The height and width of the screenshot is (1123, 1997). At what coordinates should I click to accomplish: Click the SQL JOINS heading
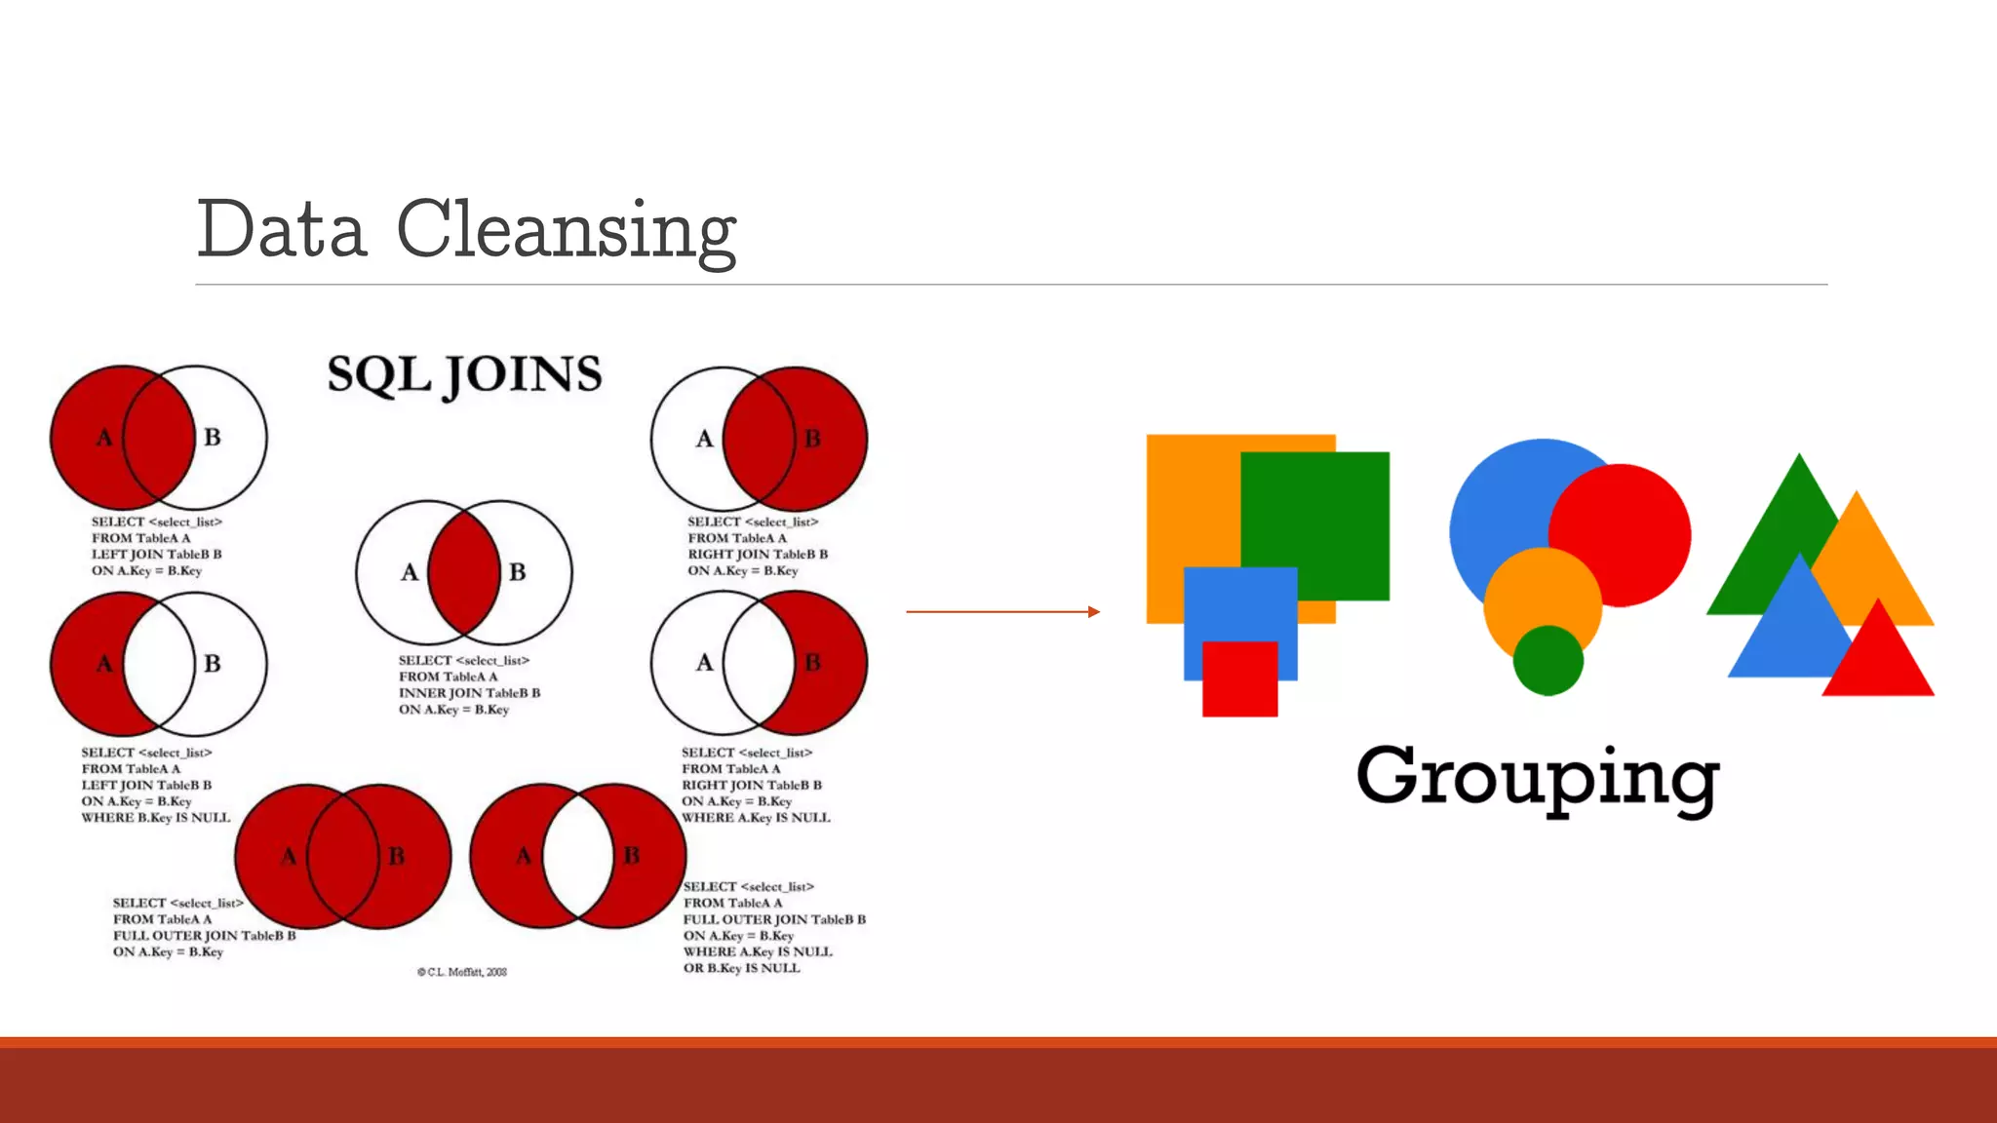(x=464, y=375)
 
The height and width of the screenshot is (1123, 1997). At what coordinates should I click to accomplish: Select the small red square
(x=1239, y=679)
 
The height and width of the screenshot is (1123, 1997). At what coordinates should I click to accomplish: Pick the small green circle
(x=1547, y=661)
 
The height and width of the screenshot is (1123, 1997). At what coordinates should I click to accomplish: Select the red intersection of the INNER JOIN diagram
(x=464, y=572)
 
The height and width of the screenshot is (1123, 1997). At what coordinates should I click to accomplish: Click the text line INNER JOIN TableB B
(x=469, y=693)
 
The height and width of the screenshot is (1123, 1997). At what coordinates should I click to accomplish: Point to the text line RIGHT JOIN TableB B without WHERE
(x=758, y=555)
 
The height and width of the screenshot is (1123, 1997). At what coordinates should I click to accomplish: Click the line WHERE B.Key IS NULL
(x=156, y=818)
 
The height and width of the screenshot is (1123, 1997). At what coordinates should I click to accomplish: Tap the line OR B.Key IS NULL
(x=741, y=968)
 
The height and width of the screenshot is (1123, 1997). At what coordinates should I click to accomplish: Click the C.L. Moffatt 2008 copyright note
(x=462, y=972)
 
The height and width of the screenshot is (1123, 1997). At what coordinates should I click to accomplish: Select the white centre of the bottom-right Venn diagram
(x=578, y=856)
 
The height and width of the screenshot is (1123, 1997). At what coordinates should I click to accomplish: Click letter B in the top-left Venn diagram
(x=213, y=438)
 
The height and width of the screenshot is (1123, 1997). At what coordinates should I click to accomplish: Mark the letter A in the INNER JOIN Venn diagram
(x=410, y=572)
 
